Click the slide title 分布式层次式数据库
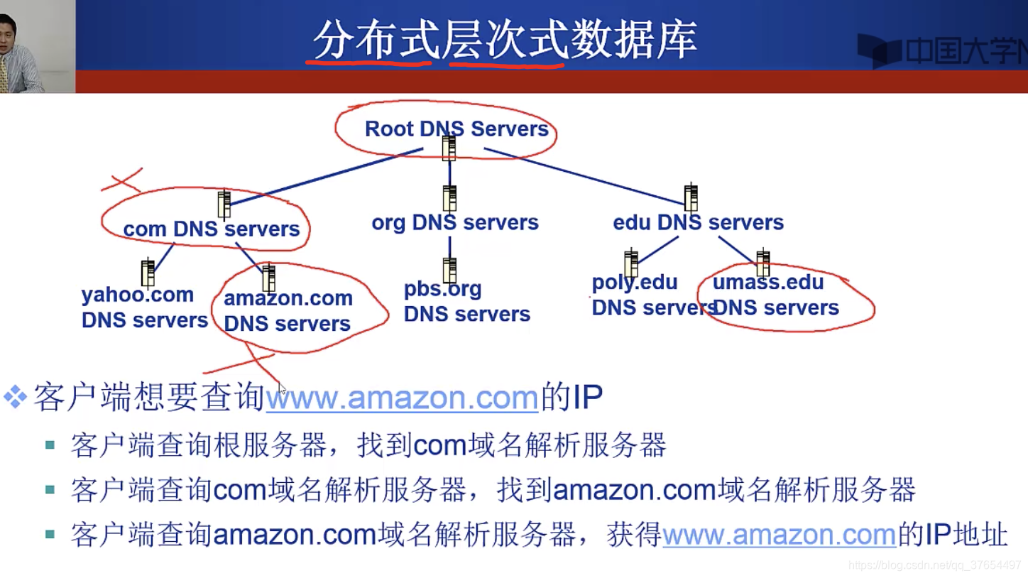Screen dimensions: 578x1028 [x=505, y=40]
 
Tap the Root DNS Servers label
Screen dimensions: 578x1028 [x=456, y=129]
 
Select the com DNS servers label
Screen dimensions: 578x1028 [x=212, y=229]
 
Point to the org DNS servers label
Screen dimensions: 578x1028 [x=455, y=223]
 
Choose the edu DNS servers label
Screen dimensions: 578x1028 [x=698, y=223]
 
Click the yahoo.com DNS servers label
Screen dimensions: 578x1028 [x=144, y=307]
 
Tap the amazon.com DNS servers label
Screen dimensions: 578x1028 [x=288, y=311]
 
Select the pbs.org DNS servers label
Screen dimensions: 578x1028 [x=466, y=302]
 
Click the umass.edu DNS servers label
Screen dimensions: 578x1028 [x=775, y=295]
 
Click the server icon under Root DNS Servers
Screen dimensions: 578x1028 [x=449, y=148]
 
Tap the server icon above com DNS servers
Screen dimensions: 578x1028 [x=224, y=204]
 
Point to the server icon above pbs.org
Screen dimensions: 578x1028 [x=449, y=270]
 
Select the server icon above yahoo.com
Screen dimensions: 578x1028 [x=148, y=273]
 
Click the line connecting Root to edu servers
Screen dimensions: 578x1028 [x=582, y=177]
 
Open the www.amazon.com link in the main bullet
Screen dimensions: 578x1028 [x=402, y=398]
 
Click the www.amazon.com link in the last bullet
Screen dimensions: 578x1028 [x=779, y=535]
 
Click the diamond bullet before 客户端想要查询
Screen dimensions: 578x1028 [x=15, y=397]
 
